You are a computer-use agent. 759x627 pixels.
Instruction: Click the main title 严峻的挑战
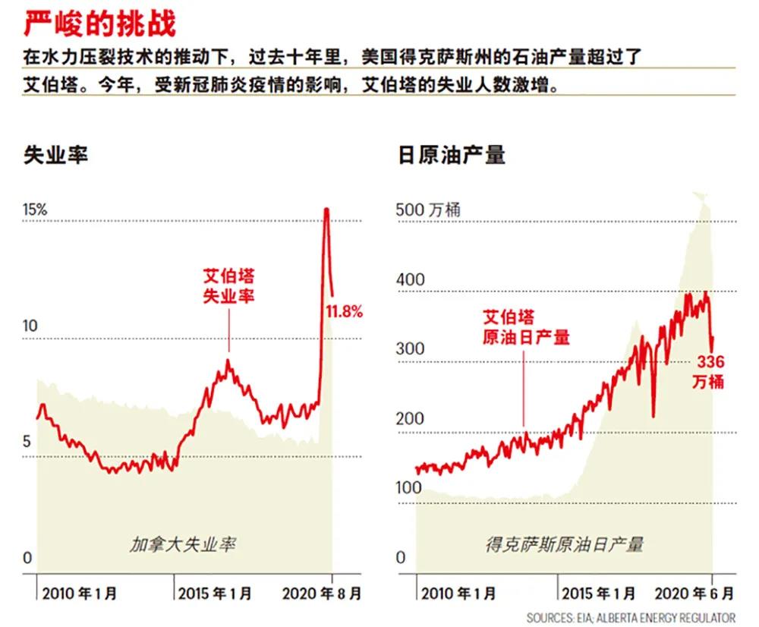pos(99,24)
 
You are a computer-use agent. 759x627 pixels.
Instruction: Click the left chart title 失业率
pos(55,155)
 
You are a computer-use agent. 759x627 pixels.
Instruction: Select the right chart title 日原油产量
pos(452,155)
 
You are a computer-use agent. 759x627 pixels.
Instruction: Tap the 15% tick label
pos(34,210)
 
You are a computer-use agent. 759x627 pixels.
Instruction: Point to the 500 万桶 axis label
pos(429,210)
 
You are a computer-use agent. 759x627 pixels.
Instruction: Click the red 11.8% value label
pos(345,310)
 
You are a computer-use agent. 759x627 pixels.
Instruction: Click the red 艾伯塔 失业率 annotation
pos(228,285)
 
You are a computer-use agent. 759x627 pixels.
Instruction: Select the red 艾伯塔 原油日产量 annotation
pos(525,326)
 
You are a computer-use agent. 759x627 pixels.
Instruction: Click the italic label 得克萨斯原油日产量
pos(565,544)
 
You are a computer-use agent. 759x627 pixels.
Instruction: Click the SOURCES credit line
pos(630,617)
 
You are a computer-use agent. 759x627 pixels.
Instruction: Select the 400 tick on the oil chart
pos(411,279)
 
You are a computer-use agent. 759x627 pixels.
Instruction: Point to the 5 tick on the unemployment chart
pos(29,443)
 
